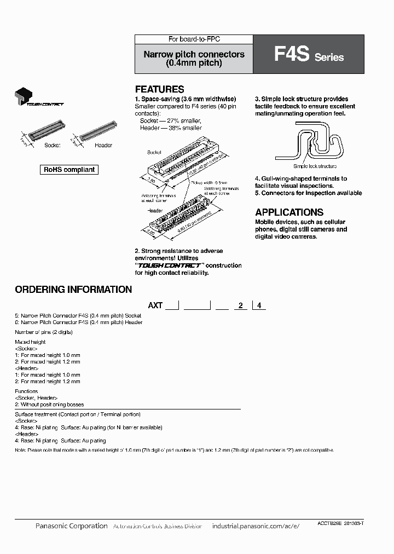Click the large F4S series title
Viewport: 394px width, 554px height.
(292, 55)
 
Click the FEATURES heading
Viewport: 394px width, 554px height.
(159, 89)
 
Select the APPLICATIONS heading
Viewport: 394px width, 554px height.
(289, 212)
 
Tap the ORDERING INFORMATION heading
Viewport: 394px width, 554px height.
(73, 290)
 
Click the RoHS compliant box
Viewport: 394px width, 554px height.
(69, 170)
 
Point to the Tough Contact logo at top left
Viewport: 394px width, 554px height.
(39, 97)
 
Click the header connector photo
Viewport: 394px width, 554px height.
(99, 133)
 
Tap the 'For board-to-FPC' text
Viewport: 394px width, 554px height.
(194, 39)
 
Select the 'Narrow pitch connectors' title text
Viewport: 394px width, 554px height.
(194, 55)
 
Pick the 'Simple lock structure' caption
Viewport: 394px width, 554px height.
(315, 166)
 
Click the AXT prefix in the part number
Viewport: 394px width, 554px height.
(155, 305)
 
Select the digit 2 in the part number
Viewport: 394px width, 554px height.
(240, 305)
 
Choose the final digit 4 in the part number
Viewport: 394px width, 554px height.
(258, 305)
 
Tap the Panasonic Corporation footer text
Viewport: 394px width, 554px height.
(71, 526)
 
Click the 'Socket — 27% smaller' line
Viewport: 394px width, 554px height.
(171, 120)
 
